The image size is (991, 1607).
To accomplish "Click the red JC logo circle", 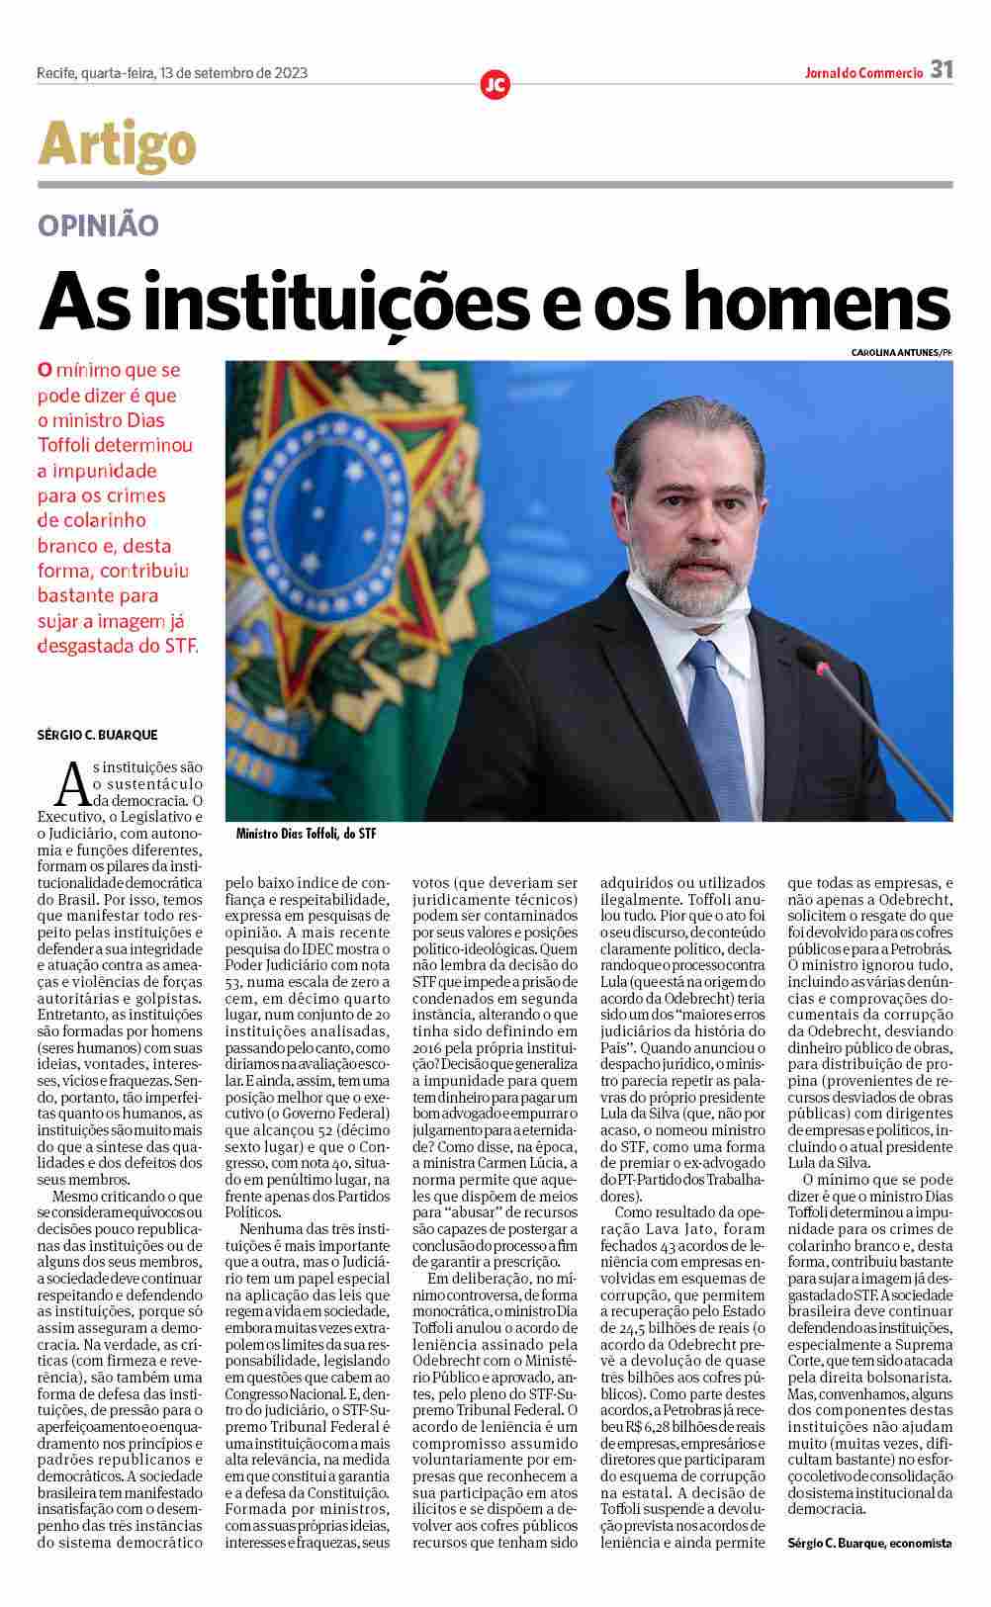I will coord(495,85).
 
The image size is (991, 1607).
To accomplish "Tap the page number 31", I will coord(941,70).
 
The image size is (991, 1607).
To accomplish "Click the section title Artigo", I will coord(117,144).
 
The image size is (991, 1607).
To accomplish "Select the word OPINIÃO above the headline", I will coord(98,225).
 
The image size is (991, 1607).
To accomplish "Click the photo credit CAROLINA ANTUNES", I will coord(892,353).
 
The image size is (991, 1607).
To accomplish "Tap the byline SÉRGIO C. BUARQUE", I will coord(97,735).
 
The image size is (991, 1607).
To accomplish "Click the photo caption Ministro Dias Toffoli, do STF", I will coord(306,835).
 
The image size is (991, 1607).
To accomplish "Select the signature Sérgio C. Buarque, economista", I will coord(869,1543).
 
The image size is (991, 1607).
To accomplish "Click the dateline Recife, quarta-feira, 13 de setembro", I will coord(171,72).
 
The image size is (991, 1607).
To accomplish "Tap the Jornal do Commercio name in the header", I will coord(862,72).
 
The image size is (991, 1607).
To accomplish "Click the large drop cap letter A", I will coord(71,786).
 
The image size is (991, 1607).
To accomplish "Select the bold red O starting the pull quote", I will coord(44,371).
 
